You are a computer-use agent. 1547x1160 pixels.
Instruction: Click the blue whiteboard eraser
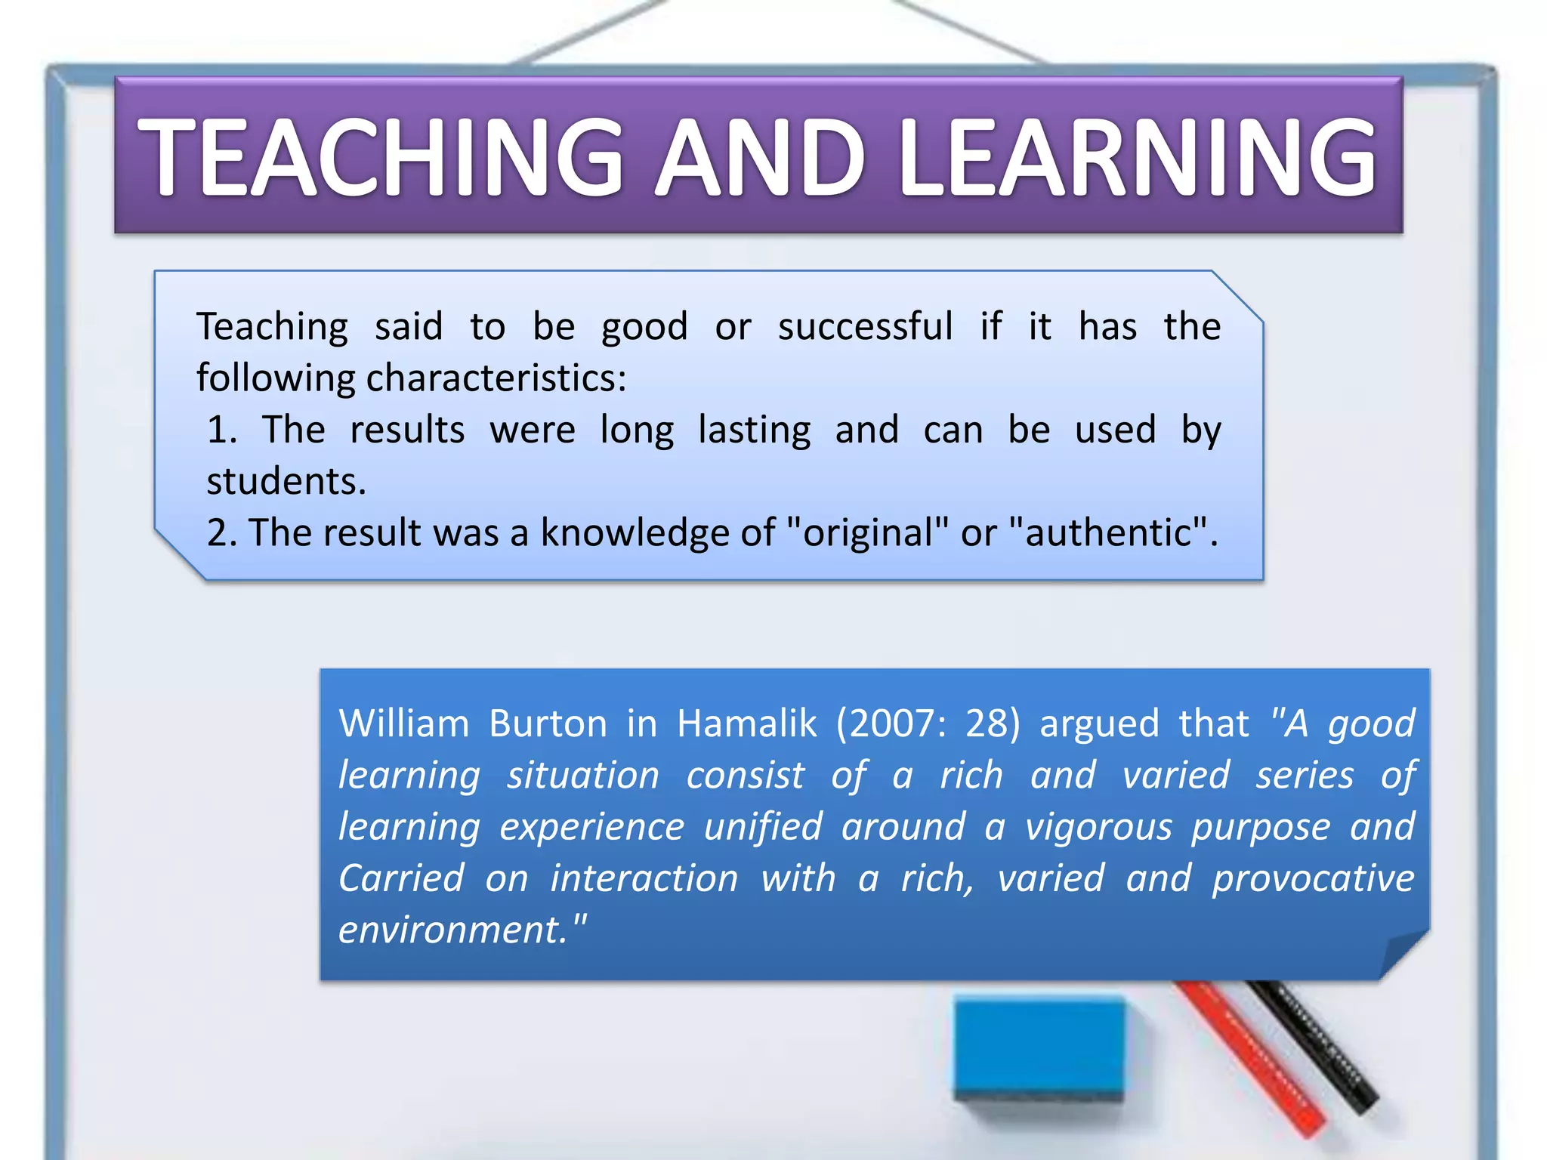pos(1039,1050)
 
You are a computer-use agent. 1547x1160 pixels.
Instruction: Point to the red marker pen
pos(1254,1057)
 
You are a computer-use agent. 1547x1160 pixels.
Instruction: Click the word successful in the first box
pos(865,327)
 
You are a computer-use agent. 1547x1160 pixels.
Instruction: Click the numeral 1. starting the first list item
pos(222,430)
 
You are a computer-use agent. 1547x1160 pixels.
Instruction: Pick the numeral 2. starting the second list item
pos(222,532)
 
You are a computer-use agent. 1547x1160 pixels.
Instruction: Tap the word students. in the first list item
pos(286,481)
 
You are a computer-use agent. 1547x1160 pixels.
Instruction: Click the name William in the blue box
pos(404,723)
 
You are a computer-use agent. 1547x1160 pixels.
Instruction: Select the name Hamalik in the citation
pos(746,723)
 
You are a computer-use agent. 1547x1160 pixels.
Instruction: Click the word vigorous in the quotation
pos(1098,826)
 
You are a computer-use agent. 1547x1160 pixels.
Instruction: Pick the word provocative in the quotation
pos(1313,878)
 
